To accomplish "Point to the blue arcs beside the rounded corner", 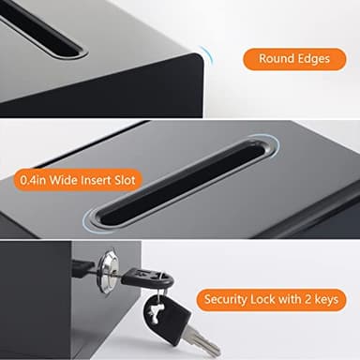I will (207, 59).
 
